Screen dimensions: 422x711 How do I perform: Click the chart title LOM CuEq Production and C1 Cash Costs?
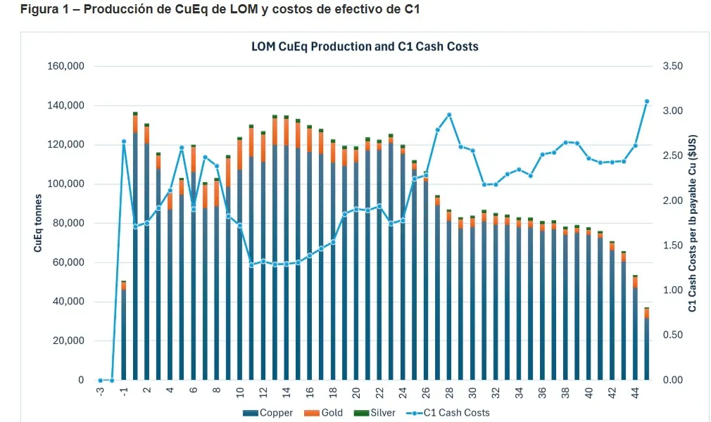[365, 46]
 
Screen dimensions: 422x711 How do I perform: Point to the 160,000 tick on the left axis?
[65, 66]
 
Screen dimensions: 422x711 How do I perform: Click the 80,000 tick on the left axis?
[68, 224]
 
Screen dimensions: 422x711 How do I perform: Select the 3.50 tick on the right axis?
[673, 66]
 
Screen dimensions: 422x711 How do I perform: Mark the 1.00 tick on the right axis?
[673, 290]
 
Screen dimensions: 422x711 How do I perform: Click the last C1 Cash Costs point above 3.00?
[646, 101]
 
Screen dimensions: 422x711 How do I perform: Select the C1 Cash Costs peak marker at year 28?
[449, 115]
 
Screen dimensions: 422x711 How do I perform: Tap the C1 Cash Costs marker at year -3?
[101, 381]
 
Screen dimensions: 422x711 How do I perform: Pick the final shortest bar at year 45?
[646, 345]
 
